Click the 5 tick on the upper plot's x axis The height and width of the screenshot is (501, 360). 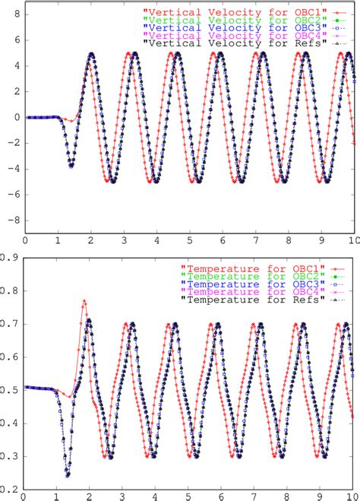pyautogui.click(x=190, y=240)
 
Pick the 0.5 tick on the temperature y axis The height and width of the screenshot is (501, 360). pyautogui.click(x=13, y=387)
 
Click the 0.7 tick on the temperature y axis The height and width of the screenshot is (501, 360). pyautogui.click(x=13, y=322)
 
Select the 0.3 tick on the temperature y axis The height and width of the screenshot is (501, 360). pyautogui.click(x=13, y=455)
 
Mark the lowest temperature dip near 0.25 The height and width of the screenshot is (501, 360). pyautogui.click(x=68, y=475)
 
